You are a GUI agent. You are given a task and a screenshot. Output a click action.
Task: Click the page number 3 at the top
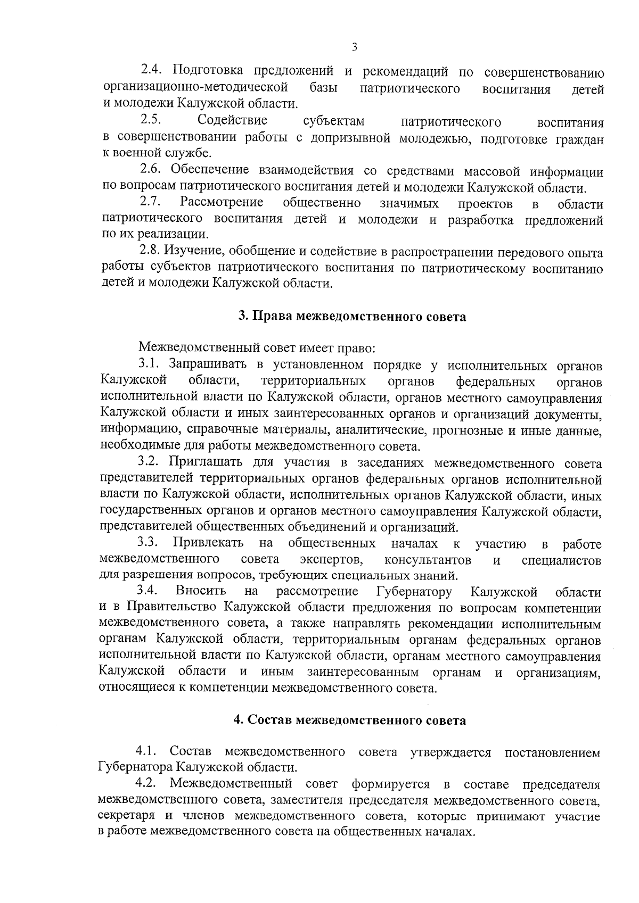click(x=354, y=47)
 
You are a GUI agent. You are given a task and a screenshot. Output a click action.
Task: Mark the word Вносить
click(x=201, y=591)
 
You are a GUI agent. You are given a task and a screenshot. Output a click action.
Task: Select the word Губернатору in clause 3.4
click(x=414, y=591)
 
